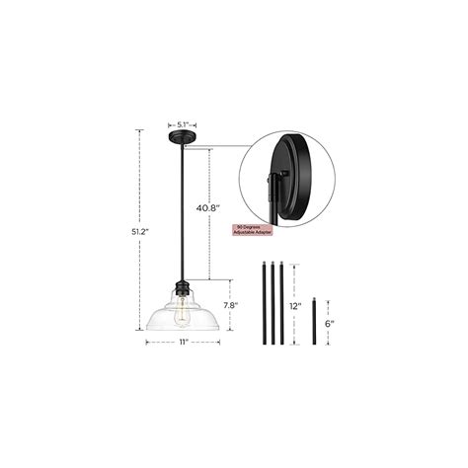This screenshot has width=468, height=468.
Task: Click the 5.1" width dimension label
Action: coord(185,124)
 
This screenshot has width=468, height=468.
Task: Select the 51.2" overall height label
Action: coord(143,232)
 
